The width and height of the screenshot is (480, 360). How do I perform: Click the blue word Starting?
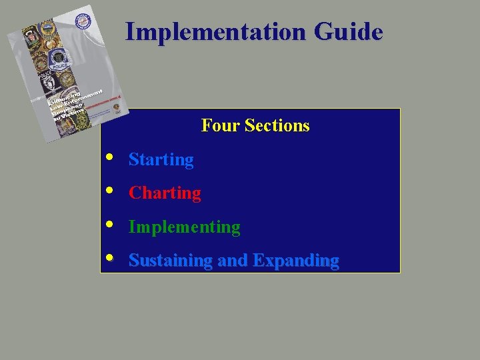pyautogui.click(x=161, y=160)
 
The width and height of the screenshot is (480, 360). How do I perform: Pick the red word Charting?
pyautogui.click(x=165, y=193)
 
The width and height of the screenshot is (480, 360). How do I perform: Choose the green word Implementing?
pyautogui.click(x=184, y=227)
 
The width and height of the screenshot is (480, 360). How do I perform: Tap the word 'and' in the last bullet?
pyautogui.click(x=233, y=261)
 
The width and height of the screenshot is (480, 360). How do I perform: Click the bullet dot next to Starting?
pyautogui.click(x=109, y=158)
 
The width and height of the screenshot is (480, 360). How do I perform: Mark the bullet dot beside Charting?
pyautogui.click(x=109, y=191)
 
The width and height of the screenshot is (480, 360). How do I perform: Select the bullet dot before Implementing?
pyautogui.click(x=109, y=225)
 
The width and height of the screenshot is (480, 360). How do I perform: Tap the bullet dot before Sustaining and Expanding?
pyautogui.click(x=109, y=258)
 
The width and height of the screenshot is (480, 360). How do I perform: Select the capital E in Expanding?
pyautogui.click(x=257, y=260)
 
